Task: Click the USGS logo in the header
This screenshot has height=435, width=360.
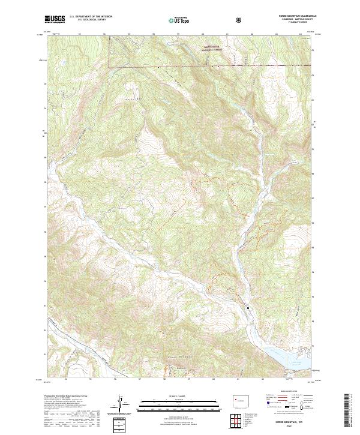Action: (x=55, y=20)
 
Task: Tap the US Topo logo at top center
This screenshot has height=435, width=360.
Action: (x=179, y=20)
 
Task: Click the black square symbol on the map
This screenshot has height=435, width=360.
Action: (x=248, y=308)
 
